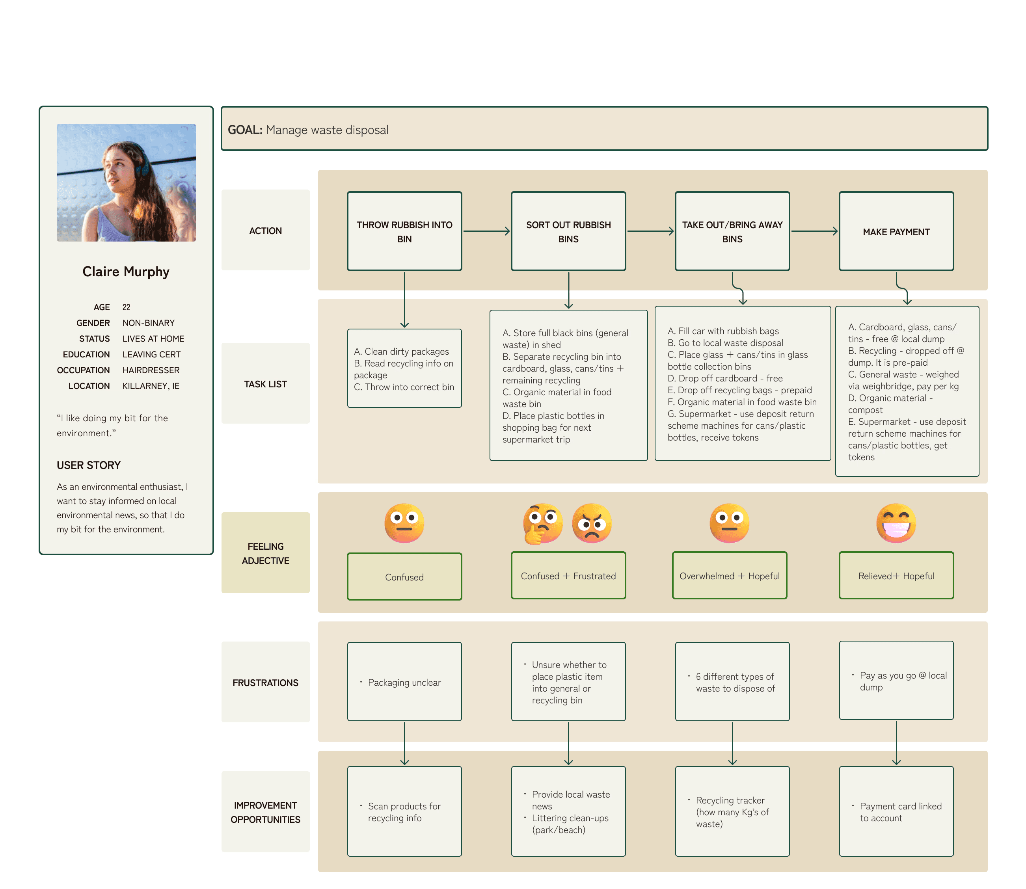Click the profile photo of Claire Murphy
(126, 182)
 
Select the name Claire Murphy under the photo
(126, 272)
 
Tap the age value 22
(127, 307)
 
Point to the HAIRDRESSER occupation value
(151, 370)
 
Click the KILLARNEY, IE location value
(151, 386)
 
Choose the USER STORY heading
(89, 465)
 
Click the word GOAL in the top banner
(245, 130)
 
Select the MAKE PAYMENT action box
(896, 231)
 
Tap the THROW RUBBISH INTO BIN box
(404, 231)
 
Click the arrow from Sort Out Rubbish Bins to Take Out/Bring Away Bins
(650, 231)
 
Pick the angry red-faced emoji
(592, 523)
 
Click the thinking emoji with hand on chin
(543, 524)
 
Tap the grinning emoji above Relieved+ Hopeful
(896, 523)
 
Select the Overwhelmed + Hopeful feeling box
(729, 575)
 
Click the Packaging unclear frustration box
(404, 682)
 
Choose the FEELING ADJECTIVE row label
(265, 553)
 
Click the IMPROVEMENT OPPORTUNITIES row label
(265, 812)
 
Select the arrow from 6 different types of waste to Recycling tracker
(732, 743)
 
